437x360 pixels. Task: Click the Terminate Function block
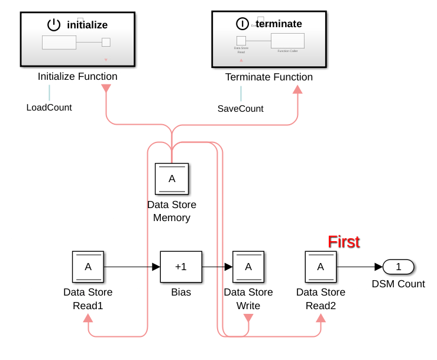click(269, 39)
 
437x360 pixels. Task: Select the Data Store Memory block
click(171, 179)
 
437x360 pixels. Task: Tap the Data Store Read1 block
click(88, 267)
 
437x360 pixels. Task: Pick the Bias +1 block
click(181, 267)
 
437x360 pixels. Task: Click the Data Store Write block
click(248, 267)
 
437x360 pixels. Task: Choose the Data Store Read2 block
click(321, 267)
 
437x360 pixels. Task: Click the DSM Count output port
click(398, 267)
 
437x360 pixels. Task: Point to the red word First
click(344, 242)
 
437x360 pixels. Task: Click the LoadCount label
click(49, 108)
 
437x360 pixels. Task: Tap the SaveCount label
click(241, 109)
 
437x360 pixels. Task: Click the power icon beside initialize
click(54, 25)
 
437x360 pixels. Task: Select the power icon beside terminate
click(242, 24)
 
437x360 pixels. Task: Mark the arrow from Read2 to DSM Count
click(360, 267)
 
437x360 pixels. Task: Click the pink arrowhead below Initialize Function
click(106, 89)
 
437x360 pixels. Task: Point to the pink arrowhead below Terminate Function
click(297, 89)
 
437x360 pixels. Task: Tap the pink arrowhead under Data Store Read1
click(88, 318)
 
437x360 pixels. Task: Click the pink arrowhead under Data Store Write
click(248, 318)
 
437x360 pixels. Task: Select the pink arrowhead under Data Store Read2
click(321, 318)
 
